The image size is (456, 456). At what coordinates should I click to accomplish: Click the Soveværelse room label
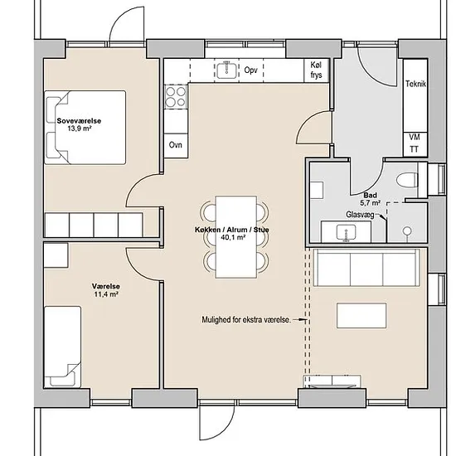point(79,121)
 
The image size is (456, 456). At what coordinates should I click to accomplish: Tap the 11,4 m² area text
point(106,294)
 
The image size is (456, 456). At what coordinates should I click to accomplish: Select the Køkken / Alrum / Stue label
point(232,230)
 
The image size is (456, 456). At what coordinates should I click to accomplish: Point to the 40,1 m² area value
point(233,237)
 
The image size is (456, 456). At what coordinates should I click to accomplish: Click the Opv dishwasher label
point(250,70)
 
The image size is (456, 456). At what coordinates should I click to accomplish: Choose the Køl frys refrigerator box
point(317,70)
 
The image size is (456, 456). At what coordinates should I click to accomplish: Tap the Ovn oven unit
point(176,146)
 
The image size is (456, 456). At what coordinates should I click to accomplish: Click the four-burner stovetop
point(176,96)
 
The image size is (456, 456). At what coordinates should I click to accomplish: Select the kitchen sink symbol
point(226,70)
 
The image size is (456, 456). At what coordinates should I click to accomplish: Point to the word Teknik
point(415,84)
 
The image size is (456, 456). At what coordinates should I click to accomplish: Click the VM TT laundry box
point(415,144)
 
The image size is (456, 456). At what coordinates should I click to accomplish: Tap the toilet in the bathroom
point(407,181)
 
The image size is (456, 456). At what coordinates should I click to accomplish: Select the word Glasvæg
point(360,215)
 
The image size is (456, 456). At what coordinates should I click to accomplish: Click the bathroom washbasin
point(346,233)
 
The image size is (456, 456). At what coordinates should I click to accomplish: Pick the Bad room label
point(371,195)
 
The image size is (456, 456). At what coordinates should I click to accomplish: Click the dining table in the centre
point(236,237)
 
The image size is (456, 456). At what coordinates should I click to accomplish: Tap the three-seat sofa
point(367,268)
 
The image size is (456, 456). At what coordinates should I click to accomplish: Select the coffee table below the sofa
point(361,316)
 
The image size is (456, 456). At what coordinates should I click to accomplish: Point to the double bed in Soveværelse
point(85,128)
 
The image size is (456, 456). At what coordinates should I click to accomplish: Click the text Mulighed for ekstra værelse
point(246,320)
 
